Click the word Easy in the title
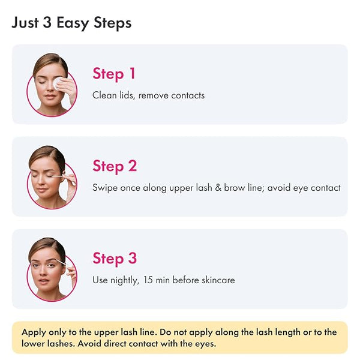73,23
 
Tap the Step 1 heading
114,74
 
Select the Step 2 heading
115,166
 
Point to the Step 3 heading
115,259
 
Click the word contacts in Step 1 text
188,95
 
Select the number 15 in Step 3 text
148,280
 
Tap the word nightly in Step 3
125,280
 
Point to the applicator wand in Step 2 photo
57,176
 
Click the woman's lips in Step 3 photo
44,281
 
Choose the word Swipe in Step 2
104,188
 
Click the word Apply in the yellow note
34,332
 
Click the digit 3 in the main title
47,23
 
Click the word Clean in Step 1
104,95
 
